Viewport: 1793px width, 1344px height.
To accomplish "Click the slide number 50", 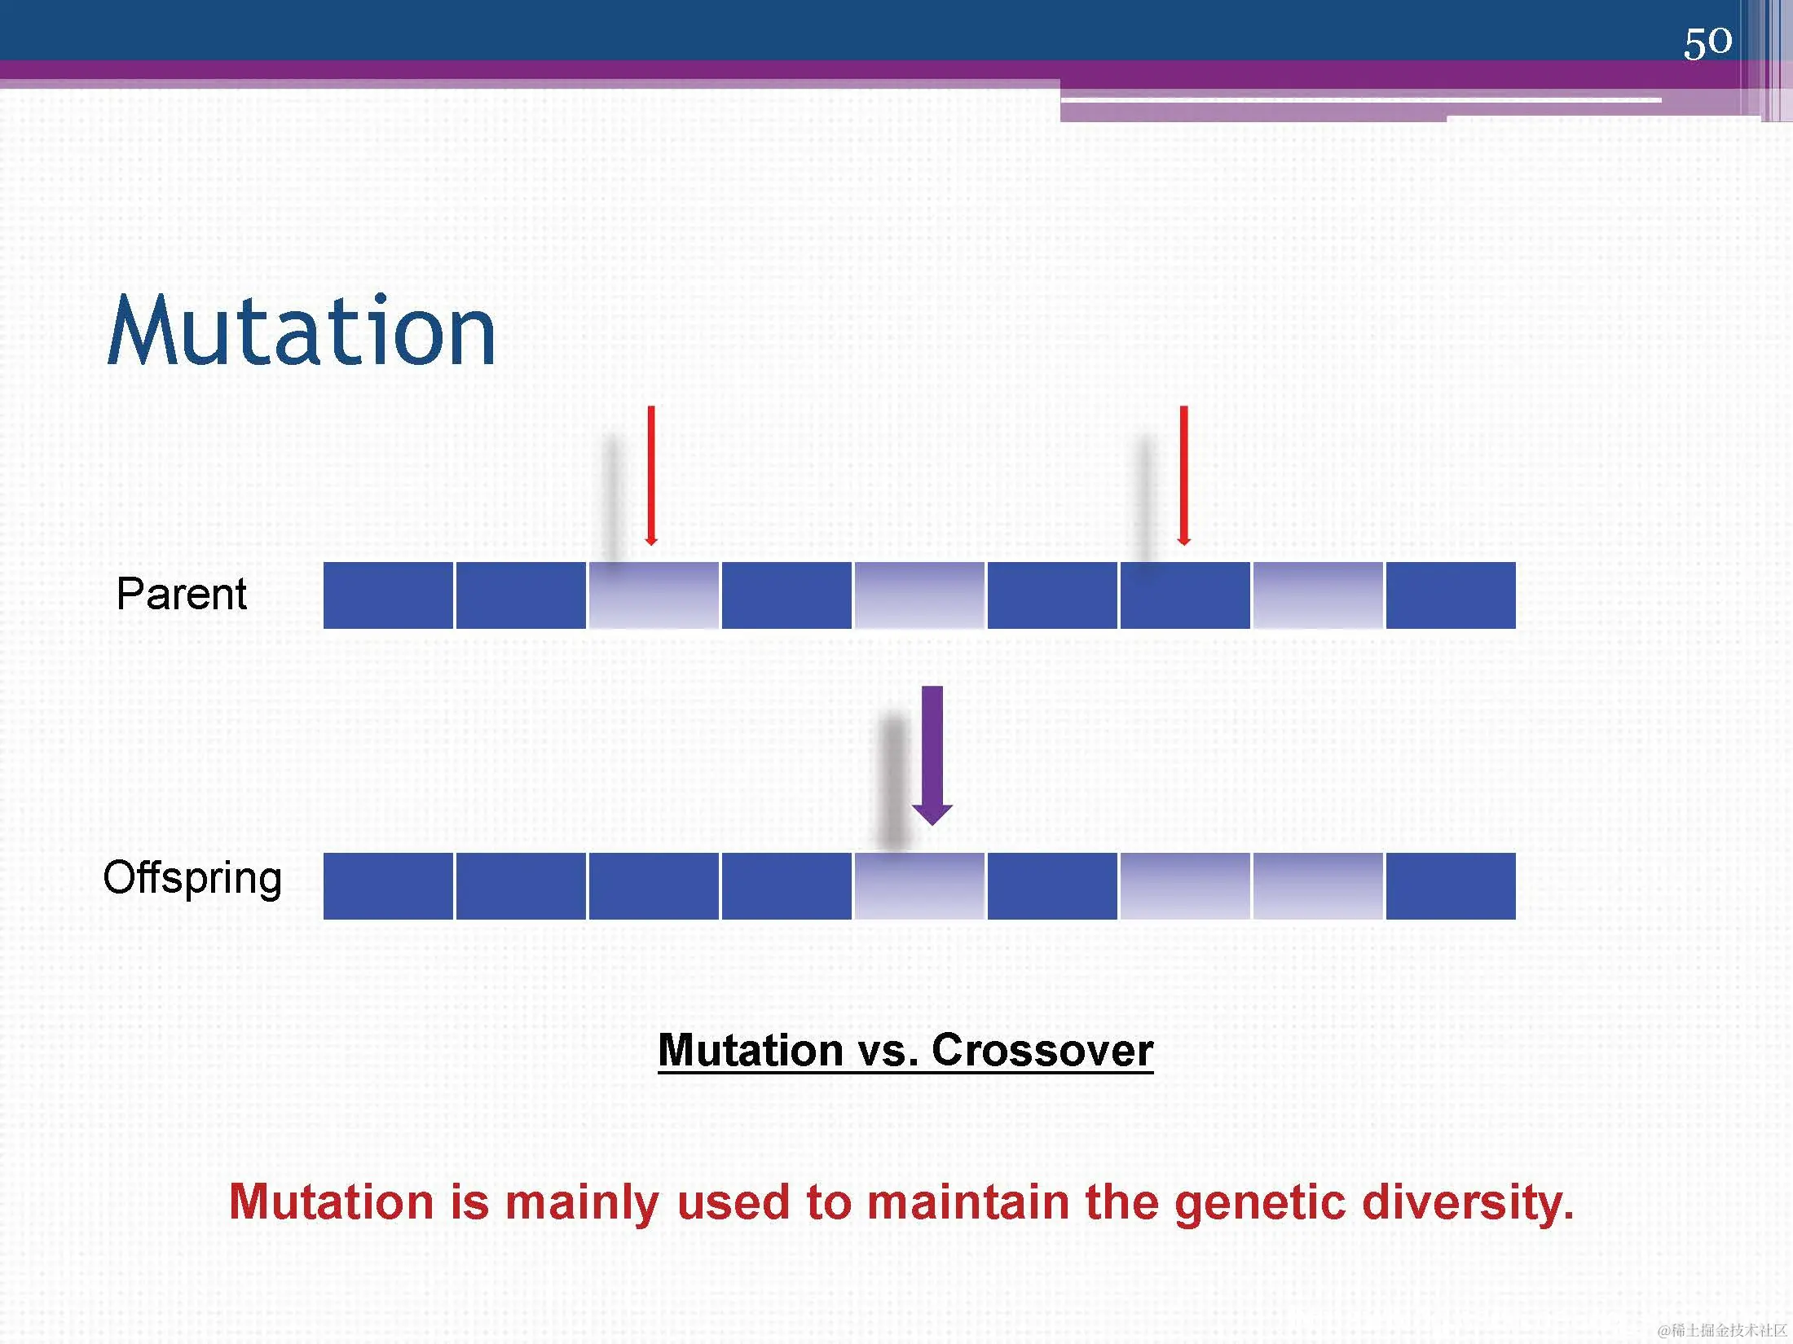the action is click(x=1707, y=42).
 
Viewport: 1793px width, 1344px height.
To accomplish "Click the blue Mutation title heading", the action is click(x=301, y=330).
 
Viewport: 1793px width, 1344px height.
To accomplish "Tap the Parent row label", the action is click(x=181, y=593).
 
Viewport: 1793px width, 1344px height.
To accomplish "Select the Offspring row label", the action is click(x=192, y=878).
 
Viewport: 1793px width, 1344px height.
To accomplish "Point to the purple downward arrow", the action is click(x=932, y=756).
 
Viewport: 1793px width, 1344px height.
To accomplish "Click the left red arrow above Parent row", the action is click(x=650, y=476).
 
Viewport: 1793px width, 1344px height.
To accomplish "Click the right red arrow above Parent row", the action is click(x=1183, y=476).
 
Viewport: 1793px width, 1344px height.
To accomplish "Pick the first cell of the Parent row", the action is click(x=388, y=595).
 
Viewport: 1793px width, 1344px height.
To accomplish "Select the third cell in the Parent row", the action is click(x=654, y=595).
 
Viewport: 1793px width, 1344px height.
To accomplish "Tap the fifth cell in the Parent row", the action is click(x=919, y=595).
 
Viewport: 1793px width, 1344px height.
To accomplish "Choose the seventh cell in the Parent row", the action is click(x=1185, y=595).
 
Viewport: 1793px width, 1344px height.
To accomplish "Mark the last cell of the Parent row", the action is click(x=1451, y=595).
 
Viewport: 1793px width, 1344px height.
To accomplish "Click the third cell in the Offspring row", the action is click(x=654, y=886).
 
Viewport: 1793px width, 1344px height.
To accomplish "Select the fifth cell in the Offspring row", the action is click(x=919, y=886).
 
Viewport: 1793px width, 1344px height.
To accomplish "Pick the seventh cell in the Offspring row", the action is click(x=1185, y=886).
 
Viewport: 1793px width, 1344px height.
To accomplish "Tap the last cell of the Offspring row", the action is click(x=1451, y=886).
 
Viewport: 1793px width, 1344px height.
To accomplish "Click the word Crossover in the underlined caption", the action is click(x=1042, y=1050).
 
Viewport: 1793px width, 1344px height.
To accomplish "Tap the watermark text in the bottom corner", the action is click(x=1723, y=1330).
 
